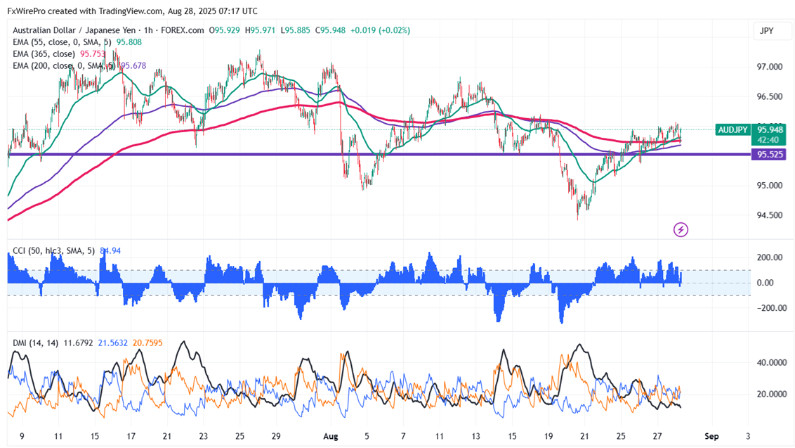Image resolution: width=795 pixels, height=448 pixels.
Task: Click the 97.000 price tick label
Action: pos(769,67)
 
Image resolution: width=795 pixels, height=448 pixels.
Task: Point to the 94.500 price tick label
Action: pos(769,215)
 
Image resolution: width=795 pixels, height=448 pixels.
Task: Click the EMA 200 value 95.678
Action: pos(133,65)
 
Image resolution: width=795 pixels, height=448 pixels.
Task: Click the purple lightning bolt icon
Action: pos(680,229)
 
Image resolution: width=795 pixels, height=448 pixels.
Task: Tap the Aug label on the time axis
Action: pos(330,436)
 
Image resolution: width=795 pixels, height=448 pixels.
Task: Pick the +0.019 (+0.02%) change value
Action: pos(381,30)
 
